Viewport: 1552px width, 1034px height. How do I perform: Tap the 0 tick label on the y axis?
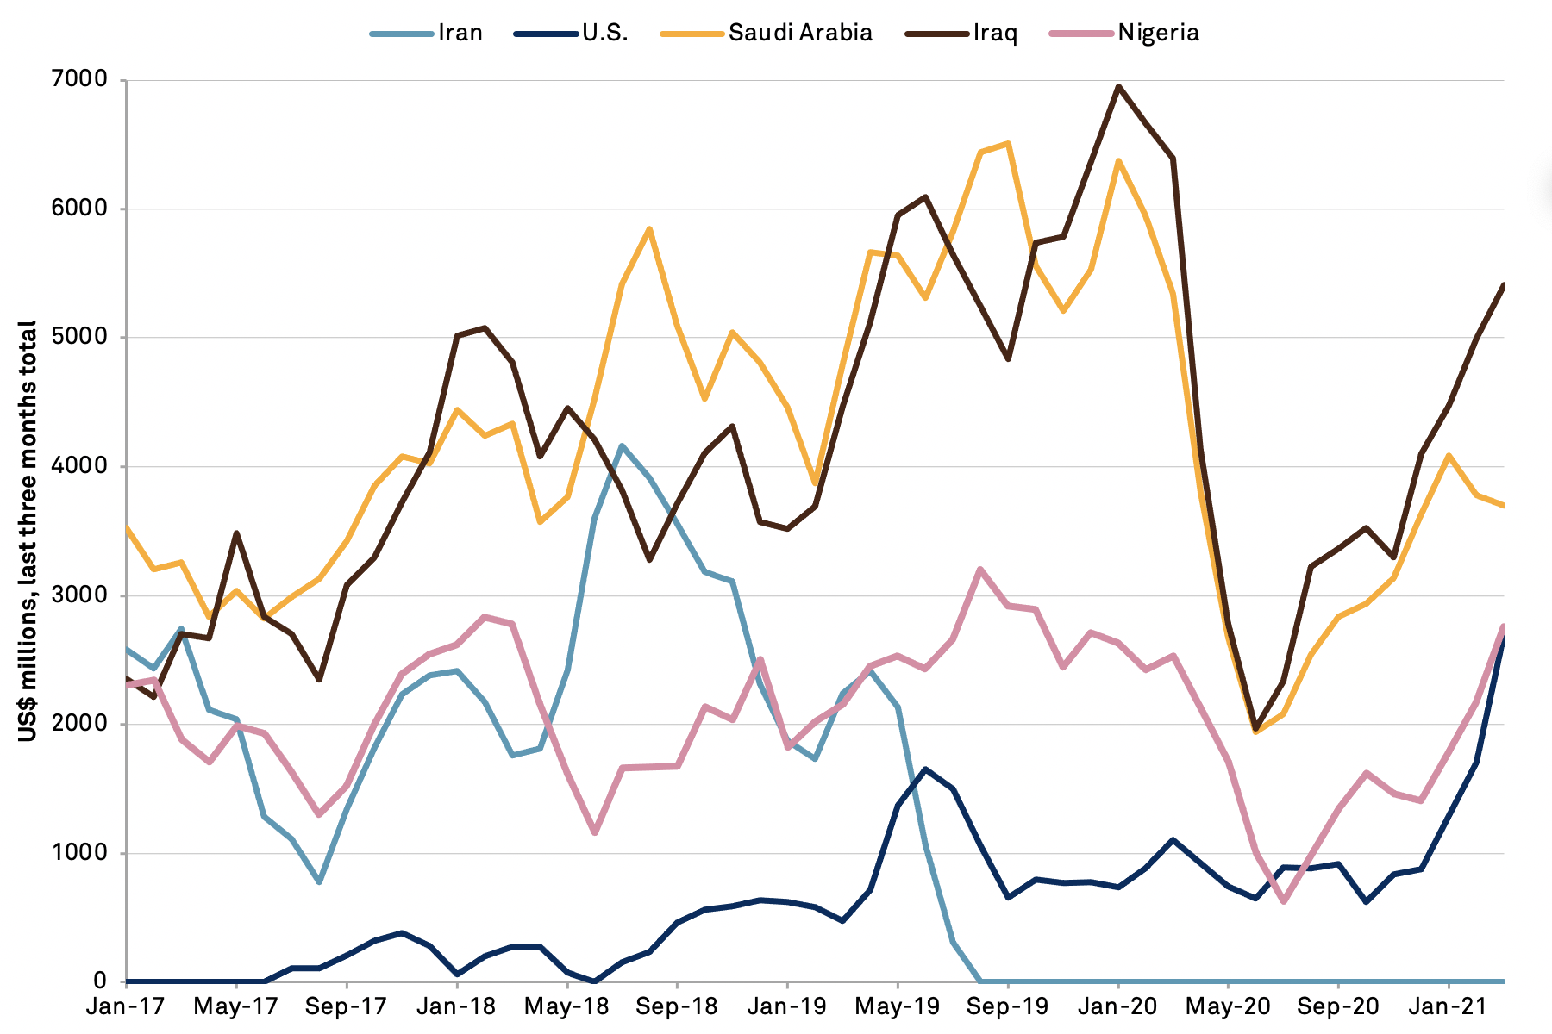(101, 981)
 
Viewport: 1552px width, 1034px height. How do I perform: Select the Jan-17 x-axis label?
(126, 1006)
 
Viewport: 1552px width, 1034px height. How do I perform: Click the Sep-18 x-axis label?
(677, 1006)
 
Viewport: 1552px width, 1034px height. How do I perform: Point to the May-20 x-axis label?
(1228, 1006)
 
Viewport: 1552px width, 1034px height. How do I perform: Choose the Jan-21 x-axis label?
(1449, 1006)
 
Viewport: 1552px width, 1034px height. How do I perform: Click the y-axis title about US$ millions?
(28, 530)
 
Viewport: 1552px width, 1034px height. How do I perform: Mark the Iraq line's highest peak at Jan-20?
(1118, 86)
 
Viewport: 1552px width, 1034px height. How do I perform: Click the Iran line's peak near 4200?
(622, 445)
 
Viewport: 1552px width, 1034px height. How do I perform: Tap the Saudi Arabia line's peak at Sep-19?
(1008, 143)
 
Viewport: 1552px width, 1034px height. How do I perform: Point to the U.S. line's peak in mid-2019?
(925, 769)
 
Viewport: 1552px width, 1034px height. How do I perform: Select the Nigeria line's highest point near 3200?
(980, 569)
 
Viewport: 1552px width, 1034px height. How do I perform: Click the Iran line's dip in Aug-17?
(319, 882)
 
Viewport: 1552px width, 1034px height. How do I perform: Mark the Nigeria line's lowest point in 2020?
(1284, 901)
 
